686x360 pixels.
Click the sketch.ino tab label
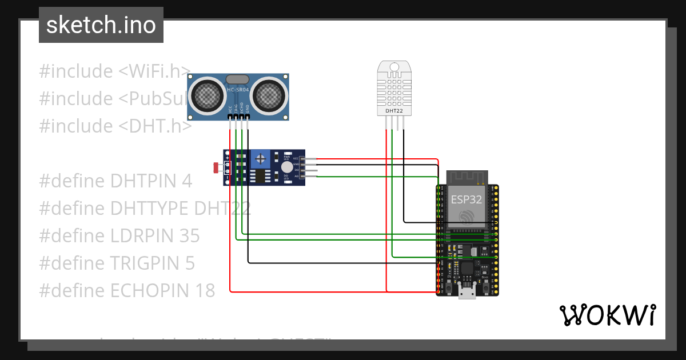coord(101,25)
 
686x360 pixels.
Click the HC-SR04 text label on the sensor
coord(237,90)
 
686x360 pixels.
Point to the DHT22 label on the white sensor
coord(394,110)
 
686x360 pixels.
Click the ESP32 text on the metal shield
coord(466,199)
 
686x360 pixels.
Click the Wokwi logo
coord(607,315)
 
